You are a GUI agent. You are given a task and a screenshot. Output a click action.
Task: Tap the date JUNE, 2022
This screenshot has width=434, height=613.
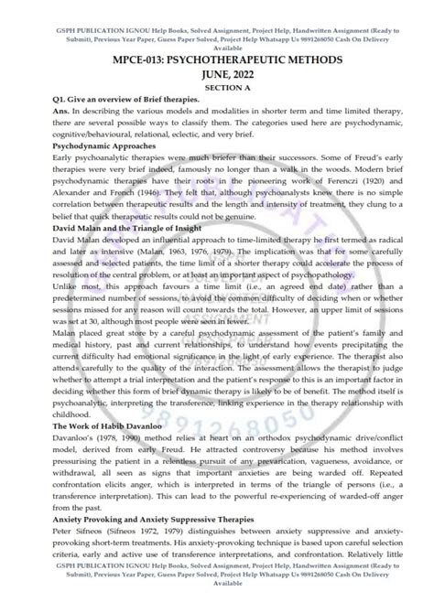[216, 72]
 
